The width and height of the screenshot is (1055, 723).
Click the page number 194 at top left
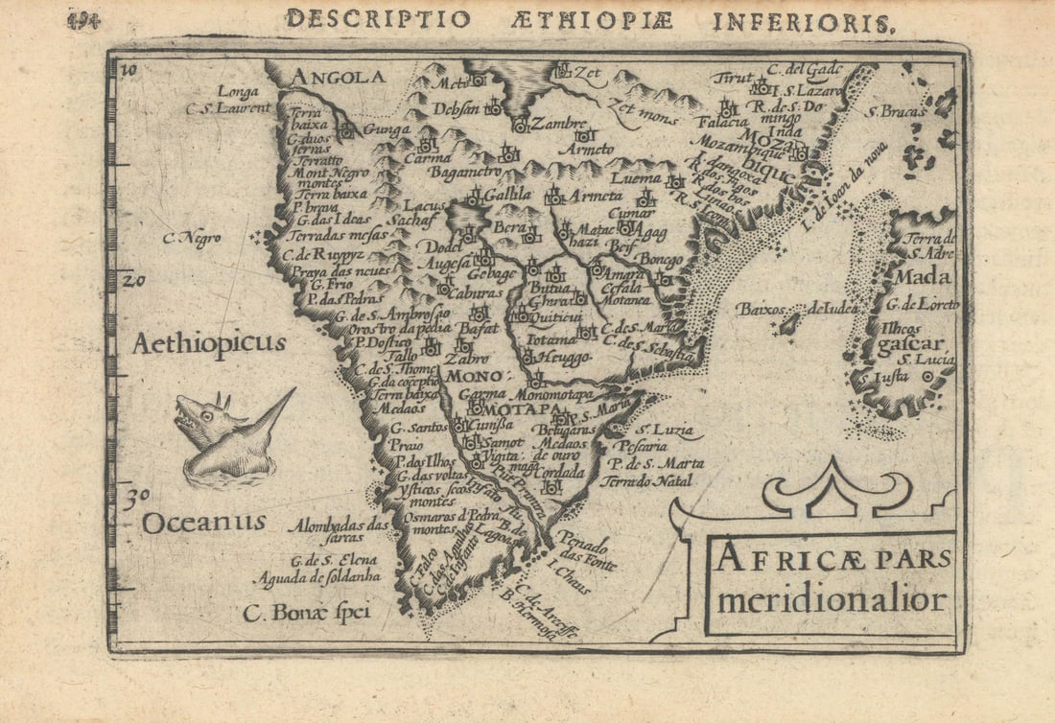pos(83,20)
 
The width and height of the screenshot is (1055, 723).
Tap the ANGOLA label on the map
pos(338,77)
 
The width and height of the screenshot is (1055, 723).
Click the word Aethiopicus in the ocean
pos(209,343)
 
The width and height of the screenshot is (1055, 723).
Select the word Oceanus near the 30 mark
pos(204,523)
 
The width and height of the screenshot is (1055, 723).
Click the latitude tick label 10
pos(129,69)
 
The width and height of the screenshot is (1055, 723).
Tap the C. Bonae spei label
pos(306,612)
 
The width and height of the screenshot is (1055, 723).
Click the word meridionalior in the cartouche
pos(832,601)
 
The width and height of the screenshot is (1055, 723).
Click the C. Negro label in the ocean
pos(192,239)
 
